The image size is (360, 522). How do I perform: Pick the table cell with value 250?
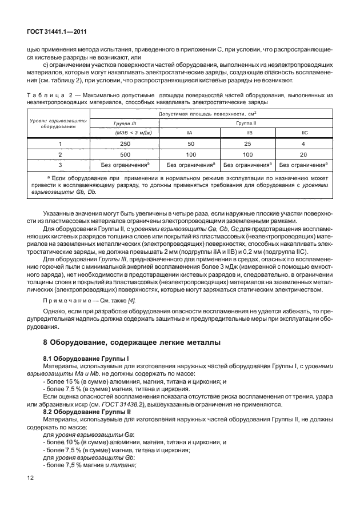click(125, 144)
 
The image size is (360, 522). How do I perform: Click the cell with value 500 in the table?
click(125, 154)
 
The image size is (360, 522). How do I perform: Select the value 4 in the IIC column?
click(304, 144)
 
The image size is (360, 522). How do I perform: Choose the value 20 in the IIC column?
click(304, 154)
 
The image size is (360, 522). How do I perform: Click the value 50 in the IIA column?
click(190, 144)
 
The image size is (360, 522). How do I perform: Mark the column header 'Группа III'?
click(125, 122)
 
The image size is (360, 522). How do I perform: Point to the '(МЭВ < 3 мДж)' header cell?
click(125, 133)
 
